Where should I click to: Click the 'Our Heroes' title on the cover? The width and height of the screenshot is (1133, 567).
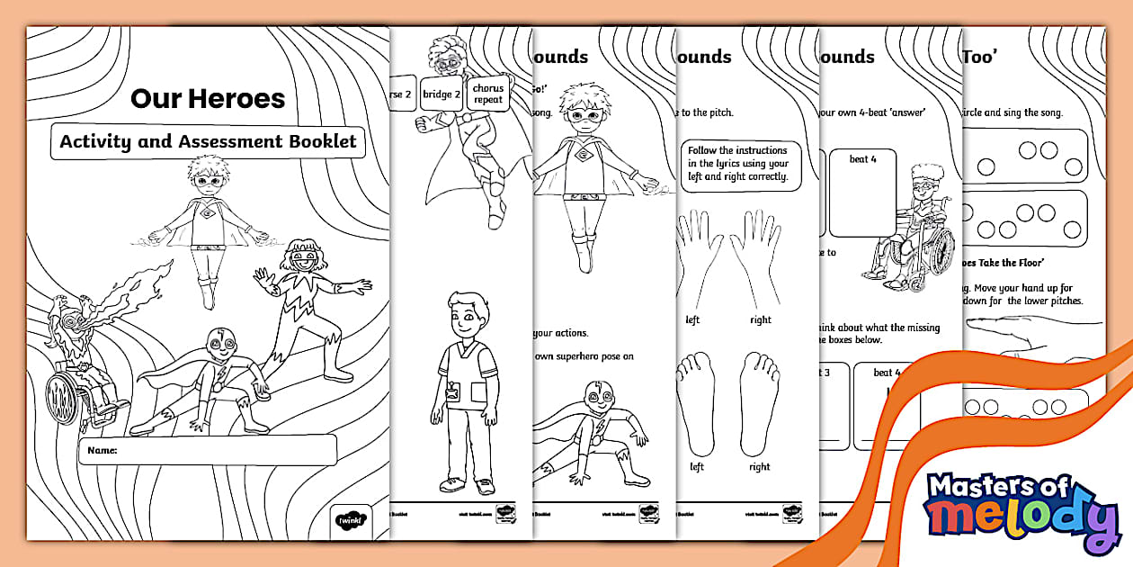tap(208, 98)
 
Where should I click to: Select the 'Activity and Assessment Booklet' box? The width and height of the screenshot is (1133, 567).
tap(208, 141)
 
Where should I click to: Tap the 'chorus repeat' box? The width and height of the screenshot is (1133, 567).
tap(488, 94)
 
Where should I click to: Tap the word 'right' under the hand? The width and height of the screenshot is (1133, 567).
tap(761, 319)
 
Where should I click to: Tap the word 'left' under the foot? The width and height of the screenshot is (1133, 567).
tap(697, 467)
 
